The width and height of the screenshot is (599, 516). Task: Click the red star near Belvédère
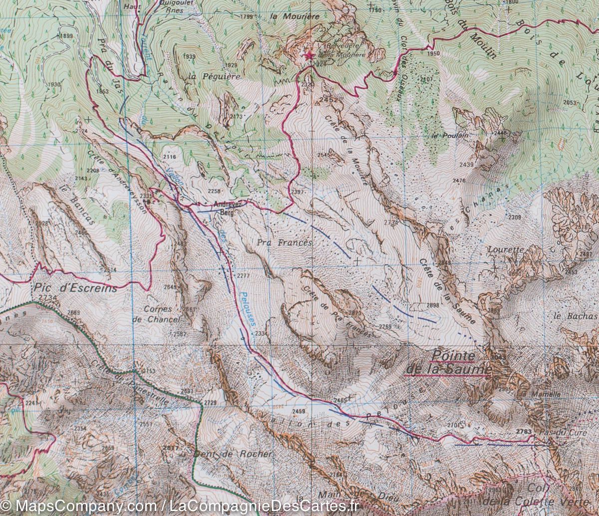tap(309, 55)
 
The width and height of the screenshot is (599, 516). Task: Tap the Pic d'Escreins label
tap(75, 288)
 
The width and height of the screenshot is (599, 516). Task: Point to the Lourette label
tap(506, 250)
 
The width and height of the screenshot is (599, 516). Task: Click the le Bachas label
tap(575, 316)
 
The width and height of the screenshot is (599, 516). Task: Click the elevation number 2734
tap(47, 297)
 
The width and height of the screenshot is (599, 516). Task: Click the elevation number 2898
tap(433, 305)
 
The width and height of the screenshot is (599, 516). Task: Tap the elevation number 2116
tap(170, 157)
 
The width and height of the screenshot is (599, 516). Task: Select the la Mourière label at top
tap(294, 16)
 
